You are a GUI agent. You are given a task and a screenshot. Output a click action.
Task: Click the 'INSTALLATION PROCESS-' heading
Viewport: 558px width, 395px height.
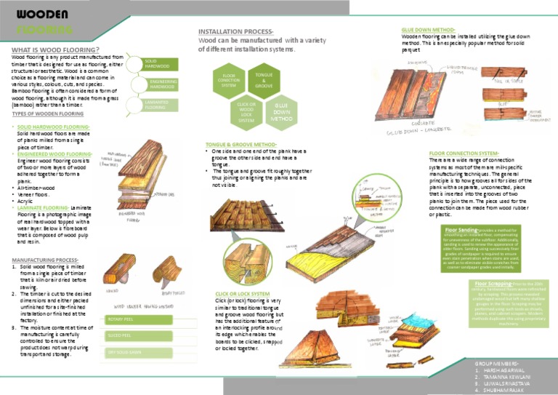tap(236, 32)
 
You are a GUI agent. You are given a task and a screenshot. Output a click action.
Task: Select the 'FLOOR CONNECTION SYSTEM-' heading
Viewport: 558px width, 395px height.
tap(464, 153)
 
